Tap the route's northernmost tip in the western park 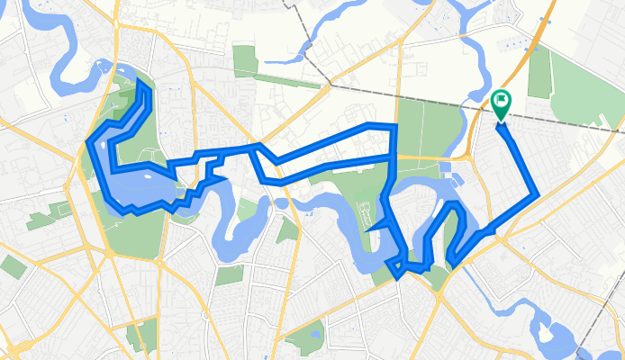pyautogui.click(x=140, y=82)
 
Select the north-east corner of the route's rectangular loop pyautogui.click(x=394, y=125)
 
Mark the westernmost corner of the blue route pyautogui.click(x=87, y=142)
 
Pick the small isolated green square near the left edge pyautogui.click(x=12, y=266)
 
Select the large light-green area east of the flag pyautogui.click(x=576, y=90)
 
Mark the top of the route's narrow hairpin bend pyautogui.click(x=455, y=204)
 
